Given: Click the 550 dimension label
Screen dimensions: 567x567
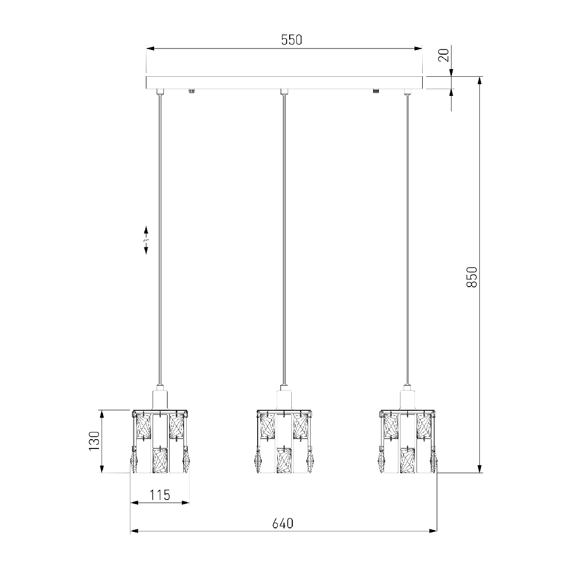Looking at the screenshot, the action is click(x=291, y=40).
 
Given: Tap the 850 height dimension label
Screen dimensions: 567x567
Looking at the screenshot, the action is click(x=472, y=277).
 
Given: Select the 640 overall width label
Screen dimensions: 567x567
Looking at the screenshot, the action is click(x=283, y=523).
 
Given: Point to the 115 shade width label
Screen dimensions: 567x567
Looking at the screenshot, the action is click(x=160, y=495).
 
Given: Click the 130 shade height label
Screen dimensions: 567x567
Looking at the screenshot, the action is click(x=94, y=441).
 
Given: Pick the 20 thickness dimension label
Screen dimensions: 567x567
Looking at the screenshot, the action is click(x=444, y=55).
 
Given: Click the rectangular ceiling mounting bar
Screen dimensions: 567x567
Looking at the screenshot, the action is click(x=284, y=82).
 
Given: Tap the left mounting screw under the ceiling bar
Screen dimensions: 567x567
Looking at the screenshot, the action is click(x=191, y=91).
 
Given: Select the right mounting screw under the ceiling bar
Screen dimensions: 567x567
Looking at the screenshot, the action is click(x=376, y=91).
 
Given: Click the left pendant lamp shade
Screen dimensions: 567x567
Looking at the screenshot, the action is click(x=160, y=441).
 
